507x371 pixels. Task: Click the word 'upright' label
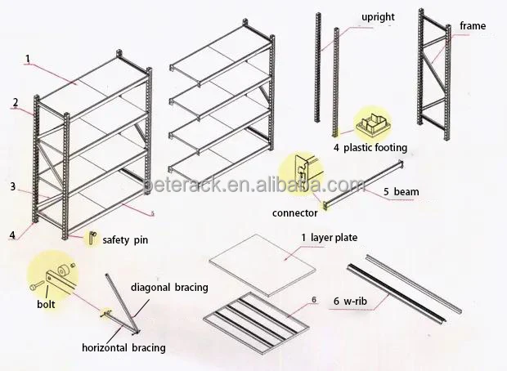(378, 17)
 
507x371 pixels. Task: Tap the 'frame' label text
(473, 26)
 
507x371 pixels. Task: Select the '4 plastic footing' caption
(370, 148)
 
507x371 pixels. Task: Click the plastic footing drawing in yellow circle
(373, 124)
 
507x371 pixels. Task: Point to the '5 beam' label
(402, 192)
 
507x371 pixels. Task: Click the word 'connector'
(295, 213)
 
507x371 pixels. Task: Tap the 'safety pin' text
(125, 240)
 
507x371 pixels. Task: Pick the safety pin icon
(92, 238)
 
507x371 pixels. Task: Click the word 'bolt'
(46, 304)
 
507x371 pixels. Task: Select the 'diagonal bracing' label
(169, 288)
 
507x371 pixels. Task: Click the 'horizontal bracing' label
(123, 348)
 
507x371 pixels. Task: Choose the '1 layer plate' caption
(330, 238)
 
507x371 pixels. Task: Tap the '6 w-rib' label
(351, 302)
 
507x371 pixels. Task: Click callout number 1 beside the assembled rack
(28, 59)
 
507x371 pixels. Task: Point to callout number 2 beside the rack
(16, 103)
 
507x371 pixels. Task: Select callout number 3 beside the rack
(12, 186)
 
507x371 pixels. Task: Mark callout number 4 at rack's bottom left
(12, 235)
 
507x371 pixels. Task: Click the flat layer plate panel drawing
(262, 265)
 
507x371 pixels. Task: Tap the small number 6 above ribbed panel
(314, 300)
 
